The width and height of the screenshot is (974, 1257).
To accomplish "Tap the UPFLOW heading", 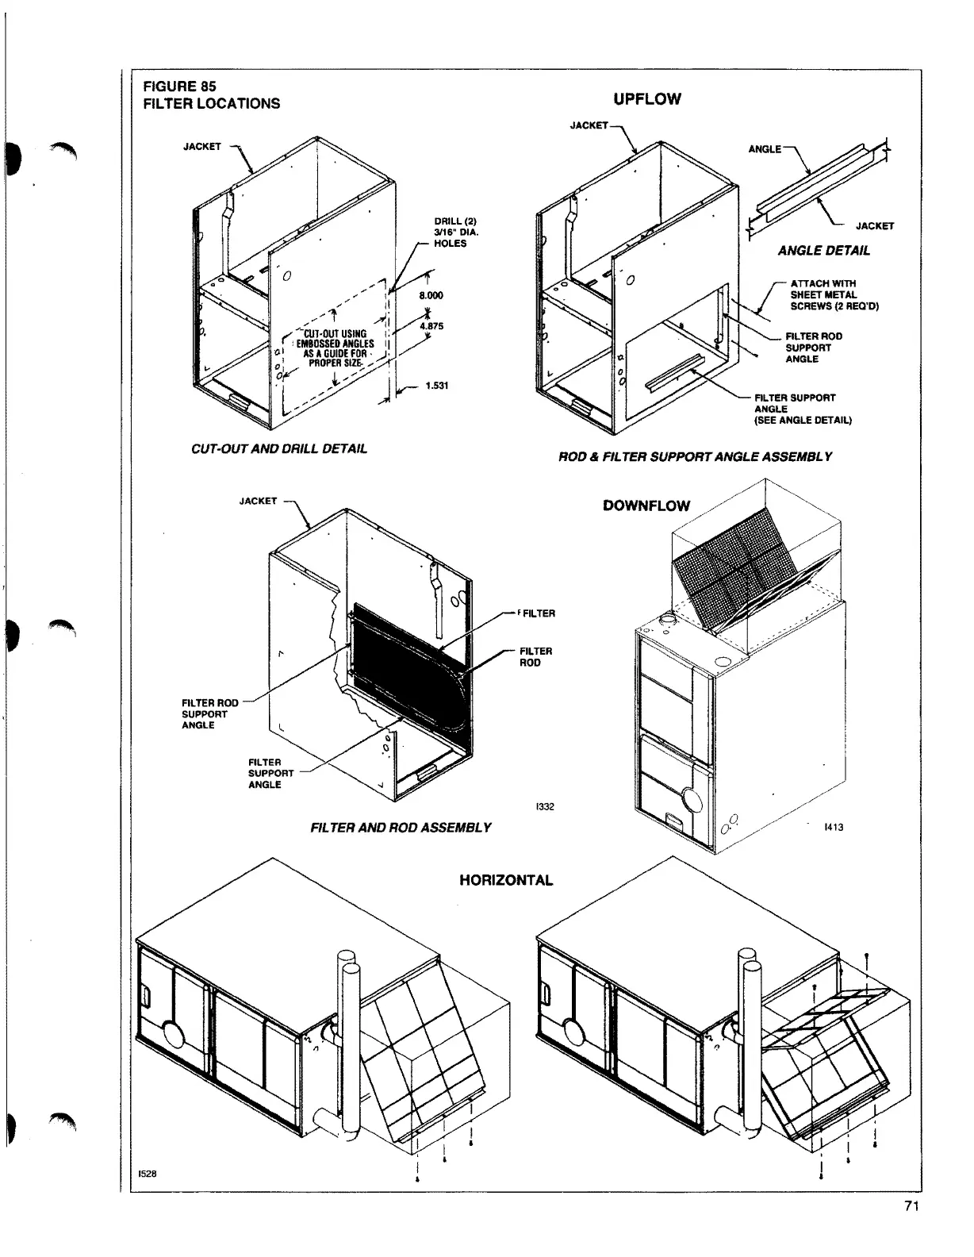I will [646, 99].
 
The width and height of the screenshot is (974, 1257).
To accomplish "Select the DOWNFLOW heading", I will [646, 505].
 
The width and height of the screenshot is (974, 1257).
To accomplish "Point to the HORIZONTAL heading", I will [506, 880].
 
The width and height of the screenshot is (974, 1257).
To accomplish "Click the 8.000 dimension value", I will [431, 295].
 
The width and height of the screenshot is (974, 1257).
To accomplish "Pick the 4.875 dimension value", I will [431, 325].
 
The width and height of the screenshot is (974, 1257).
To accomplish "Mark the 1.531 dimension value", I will [437, 386].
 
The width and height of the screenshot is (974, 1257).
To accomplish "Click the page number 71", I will [911, 1229].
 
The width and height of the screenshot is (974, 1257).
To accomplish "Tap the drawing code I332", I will [545, 807].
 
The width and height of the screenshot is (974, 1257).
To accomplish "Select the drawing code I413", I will [834, 828].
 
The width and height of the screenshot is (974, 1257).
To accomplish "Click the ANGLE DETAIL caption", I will [823, 251].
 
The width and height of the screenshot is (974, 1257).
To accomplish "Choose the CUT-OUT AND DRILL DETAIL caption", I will [279, 449].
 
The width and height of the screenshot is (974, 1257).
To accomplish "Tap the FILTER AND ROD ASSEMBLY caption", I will [401, 828].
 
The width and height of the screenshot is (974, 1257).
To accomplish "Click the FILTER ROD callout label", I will [535, 656].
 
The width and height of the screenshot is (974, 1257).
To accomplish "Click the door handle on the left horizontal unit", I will [146, 994].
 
